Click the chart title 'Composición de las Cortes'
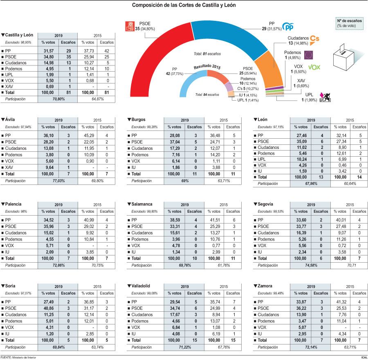tap(184, 5)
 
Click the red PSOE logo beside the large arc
tap(130, 27)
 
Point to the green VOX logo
tap(314, 67)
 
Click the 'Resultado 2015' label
tap(207, 66)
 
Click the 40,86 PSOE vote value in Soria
tap(48, 308)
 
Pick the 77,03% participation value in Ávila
tap(57, 180)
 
